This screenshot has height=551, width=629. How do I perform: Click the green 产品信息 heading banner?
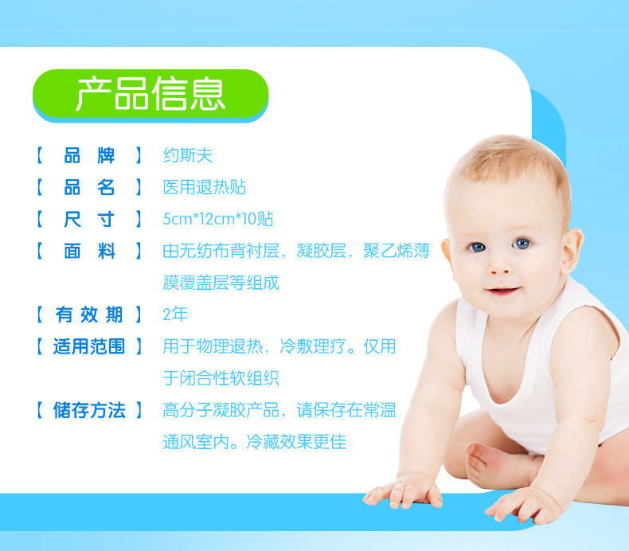[150, 94]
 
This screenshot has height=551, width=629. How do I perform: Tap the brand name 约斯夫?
[188, 155]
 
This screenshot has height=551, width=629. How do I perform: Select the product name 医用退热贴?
[204, 187]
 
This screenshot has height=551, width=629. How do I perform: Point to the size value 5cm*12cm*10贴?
[218, 219]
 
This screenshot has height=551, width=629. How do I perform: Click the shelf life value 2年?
[175, 315]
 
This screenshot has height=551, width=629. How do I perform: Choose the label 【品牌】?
[89, 155]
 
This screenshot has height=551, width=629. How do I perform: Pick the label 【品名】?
[89, 187]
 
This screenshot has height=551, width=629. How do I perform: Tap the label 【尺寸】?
[89, 219]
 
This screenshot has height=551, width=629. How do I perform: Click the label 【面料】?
[89, 251]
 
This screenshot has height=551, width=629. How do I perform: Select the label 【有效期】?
[89, 315]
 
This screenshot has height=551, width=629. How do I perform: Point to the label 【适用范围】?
[89, 346]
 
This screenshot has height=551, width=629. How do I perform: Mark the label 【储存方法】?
[89, 410]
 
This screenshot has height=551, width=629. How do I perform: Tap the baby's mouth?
[503, 290]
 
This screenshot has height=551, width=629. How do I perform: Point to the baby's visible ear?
[572, 250]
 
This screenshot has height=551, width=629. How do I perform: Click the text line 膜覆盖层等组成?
[221, 283]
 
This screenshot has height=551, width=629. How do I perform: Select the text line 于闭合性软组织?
[221, 378]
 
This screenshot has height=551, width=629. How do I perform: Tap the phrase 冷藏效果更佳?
[296, 442]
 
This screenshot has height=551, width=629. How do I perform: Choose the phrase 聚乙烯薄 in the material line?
[397, 251]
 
